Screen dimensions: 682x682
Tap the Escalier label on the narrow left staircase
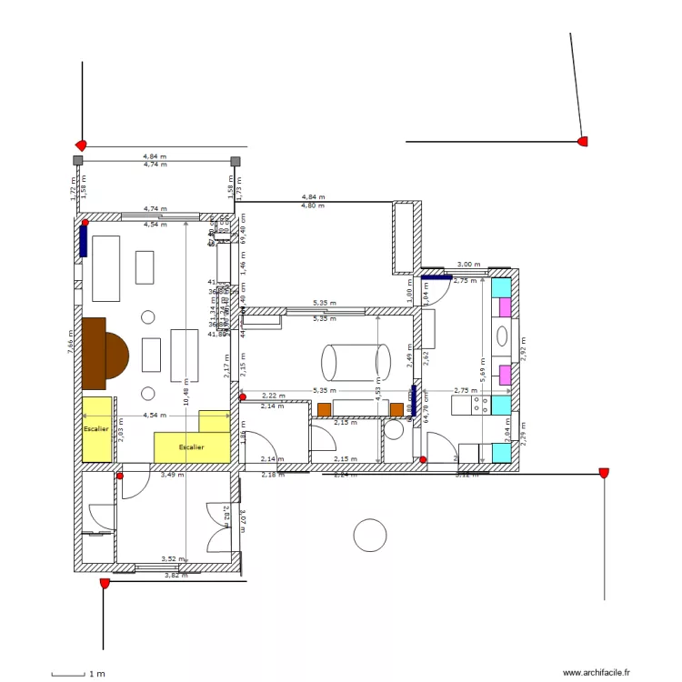coord(95,428)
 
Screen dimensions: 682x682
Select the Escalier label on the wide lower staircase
coord(191,447)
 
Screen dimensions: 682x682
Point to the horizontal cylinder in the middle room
coord(352,362)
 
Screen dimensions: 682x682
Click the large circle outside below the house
coord(370,535)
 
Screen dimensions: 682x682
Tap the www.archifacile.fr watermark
coord(597,672)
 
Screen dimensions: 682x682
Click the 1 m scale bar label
coord(95,674)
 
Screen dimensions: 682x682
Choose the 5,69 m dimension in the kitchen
coord(481,368)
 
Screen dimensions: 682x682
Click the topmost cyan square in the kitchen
coord(501,288)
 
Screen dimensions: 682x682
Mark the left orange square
coord(324,409)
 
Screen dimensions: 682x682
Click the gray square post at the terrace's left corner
coord(78,161)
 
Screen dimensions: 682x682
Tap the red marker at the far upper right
coord(583,141)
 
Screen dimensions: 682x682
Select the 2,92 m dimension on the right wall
coord(522,346)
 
